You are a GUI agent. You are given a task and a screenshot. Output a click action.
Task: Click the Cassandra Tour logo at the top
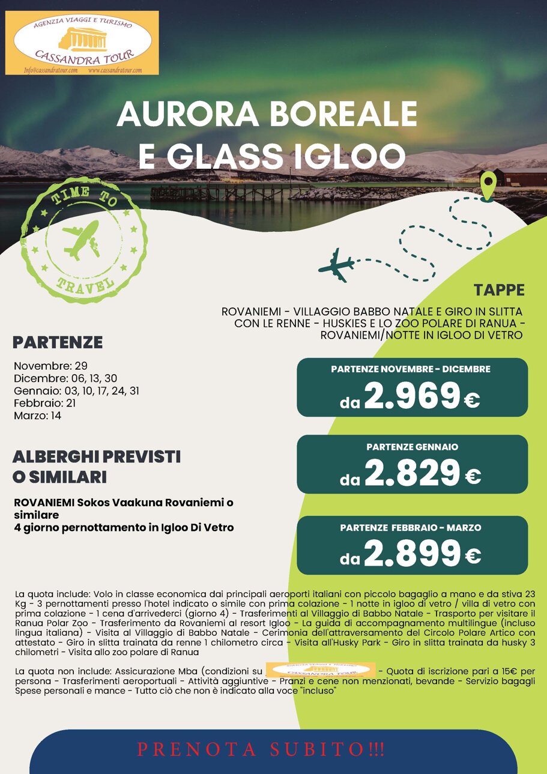pyautogui.click(x=82, y=42)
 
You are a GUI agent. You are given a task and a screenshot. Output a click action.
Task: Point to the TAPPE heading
pyautogui.click(x=498, y=291)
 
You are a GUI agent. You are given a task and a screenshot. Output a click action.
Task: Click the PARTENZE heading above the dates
pyautogui.click(x=58, y=343)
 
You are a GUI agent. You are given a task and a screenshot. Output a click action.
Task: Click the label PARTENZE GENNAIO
pyautogui.click(x=412, y=447)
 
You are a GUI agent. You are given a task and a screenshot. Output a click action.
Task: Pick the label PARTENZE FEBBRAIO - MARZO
pyautogui.click(x=411, y=528)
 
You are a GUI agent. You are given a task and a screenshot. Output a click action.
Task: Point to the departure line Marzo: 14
pyautogui.click(x=37, y=415)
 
